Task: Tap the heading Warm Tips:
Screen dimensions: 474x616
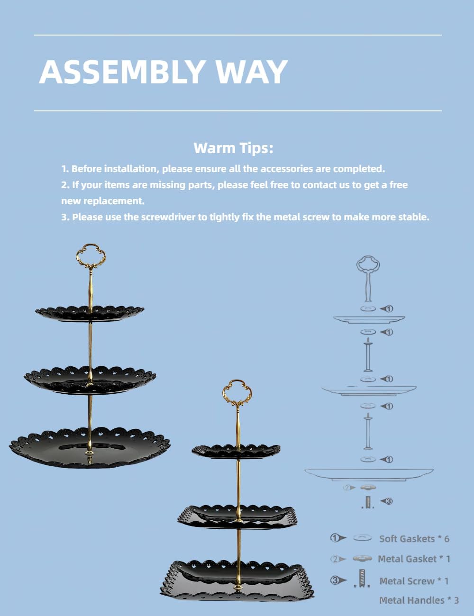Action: click(x=233, y=148)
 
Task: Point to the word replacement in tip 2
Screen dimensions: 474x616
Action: click(x=114, y=201)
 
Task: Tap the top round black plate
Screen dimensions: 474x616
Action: click(x=90, y=314)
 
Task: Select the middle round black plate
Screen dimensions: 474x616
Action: click(x=90, y=380)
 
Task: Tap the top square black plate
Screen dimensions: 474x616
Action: click(x=236, y=451)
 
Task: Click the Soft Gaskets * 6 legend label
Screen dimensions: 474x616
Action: click(x=414, y=539)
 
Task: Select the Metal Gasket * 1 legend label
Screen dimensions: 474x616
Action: click(x=414, y=559)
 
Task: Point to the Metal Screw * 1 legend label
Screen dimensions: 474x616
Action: click(x=414, y=581)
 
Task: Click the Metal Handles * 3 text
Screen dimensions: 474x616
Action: click(x=419, y=600)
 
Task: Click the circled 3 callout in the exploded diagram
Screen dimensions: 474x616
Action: click(x=389, y=501)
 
